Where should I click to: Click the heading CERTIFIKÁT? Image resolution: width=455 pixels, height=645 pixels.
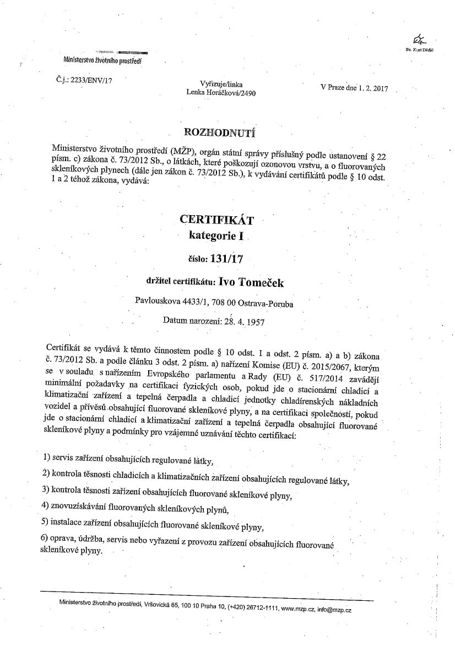click(x=216, y=220)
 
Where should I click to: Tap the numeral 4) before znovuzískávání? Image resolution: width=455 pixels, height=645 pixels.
click(x=46, y=505)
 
